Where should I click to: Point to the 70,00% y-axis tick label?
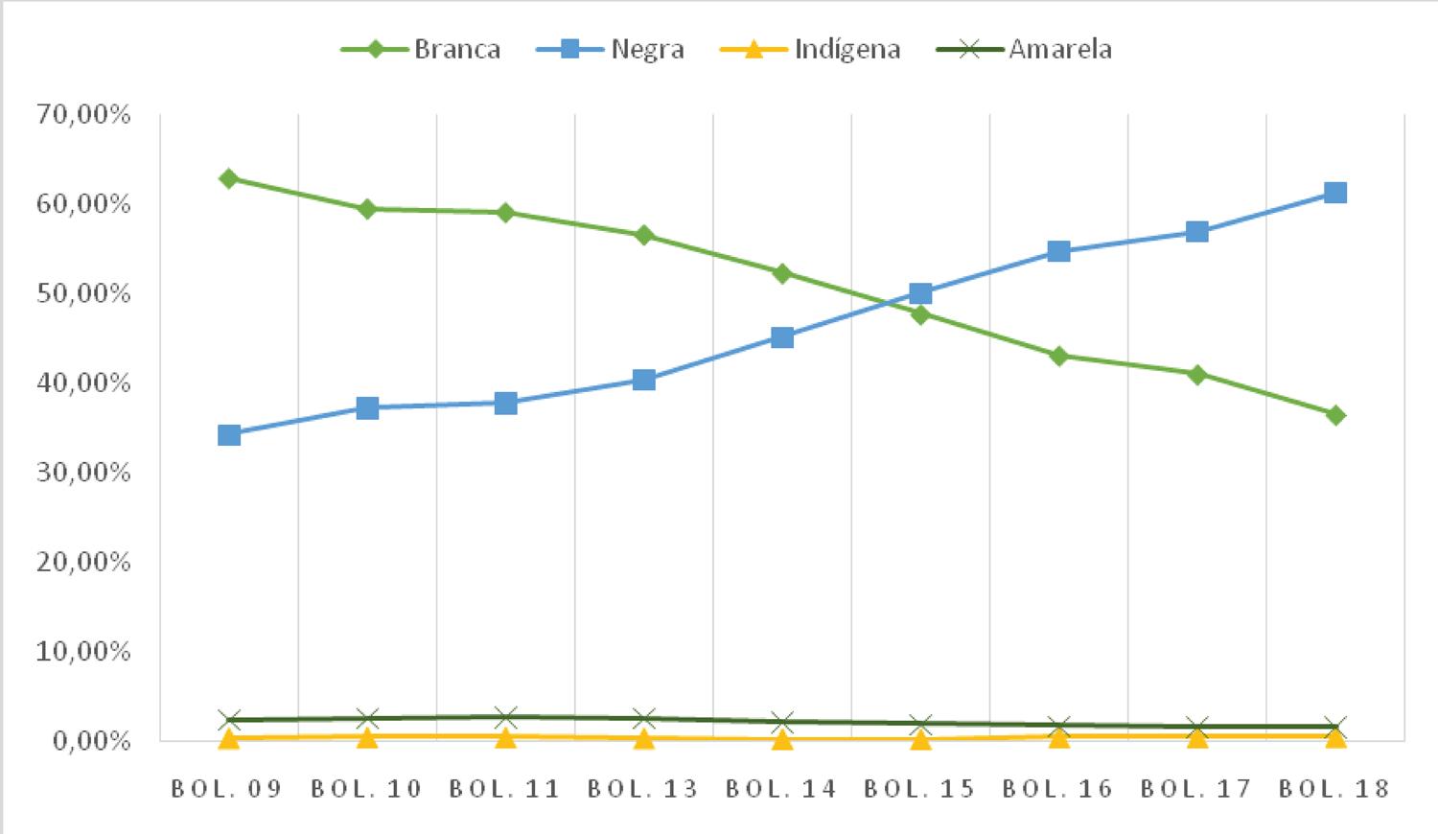[x=83, y=115]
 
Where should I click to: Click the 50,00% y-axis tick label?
[x=83, y=293]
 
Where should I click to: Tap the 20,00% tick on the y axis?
[x=83, y=562]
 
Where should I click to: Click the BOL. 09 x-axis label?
[x=227, y=789]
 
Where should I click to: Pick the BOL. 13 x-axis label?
[x=642, y=789]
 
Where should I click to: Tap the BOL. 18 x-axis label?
[x=1334, y=789]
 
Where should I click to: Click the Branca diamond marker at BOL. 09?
[x=228, y=178]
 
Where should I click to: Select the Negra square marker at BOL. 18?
[x=1334, y=193]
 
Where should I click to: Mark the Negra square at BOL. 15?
[x=920, y=293]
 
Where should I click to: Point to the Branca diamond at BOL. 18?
[x=1334, y=415]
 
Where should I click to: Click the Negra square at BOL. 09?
[x=228, y=435]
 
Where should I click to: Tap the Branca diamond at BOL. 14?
[x=782, y=273]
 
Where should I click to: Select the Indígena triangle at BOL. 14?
[x=782, y=738]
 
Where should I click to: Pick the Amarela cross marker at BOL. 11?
[x=506, y=717]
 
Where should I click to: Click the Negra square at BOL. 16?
[x=1058, y=251]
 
